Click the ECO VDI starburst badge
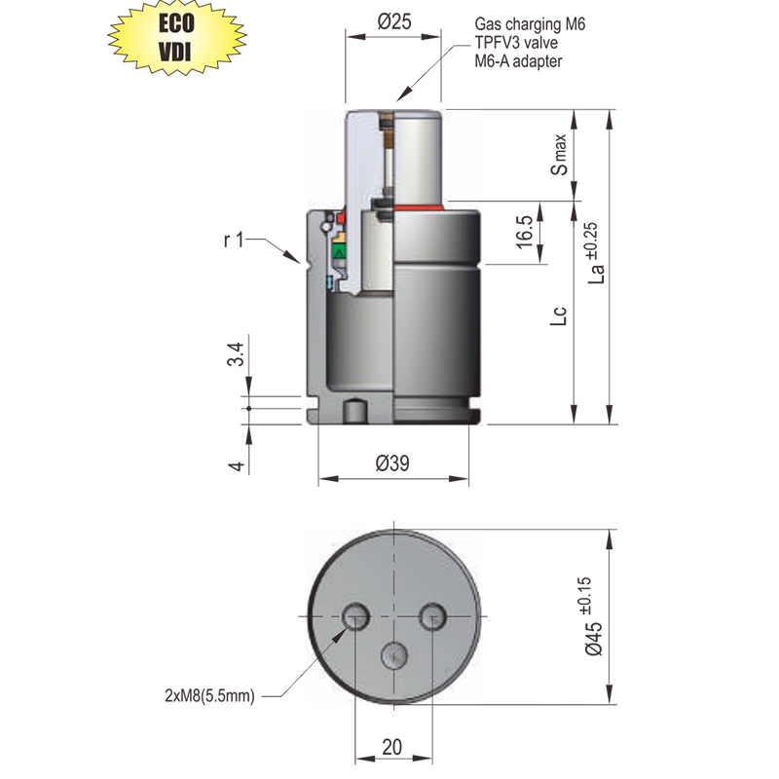tap(177, 37)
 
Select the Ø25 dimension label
tap(394, 21)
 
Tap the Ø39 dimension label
tap(392, 464)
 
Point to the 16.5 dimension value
tap(524, 232)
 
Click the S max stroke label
tap(559, 155)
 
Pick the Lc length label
tap(558, 315)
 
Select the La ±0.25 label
tap(595, 253)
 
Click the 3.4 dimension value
tap(236, 353)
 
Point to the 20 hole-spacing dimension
tap(392, 747)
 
